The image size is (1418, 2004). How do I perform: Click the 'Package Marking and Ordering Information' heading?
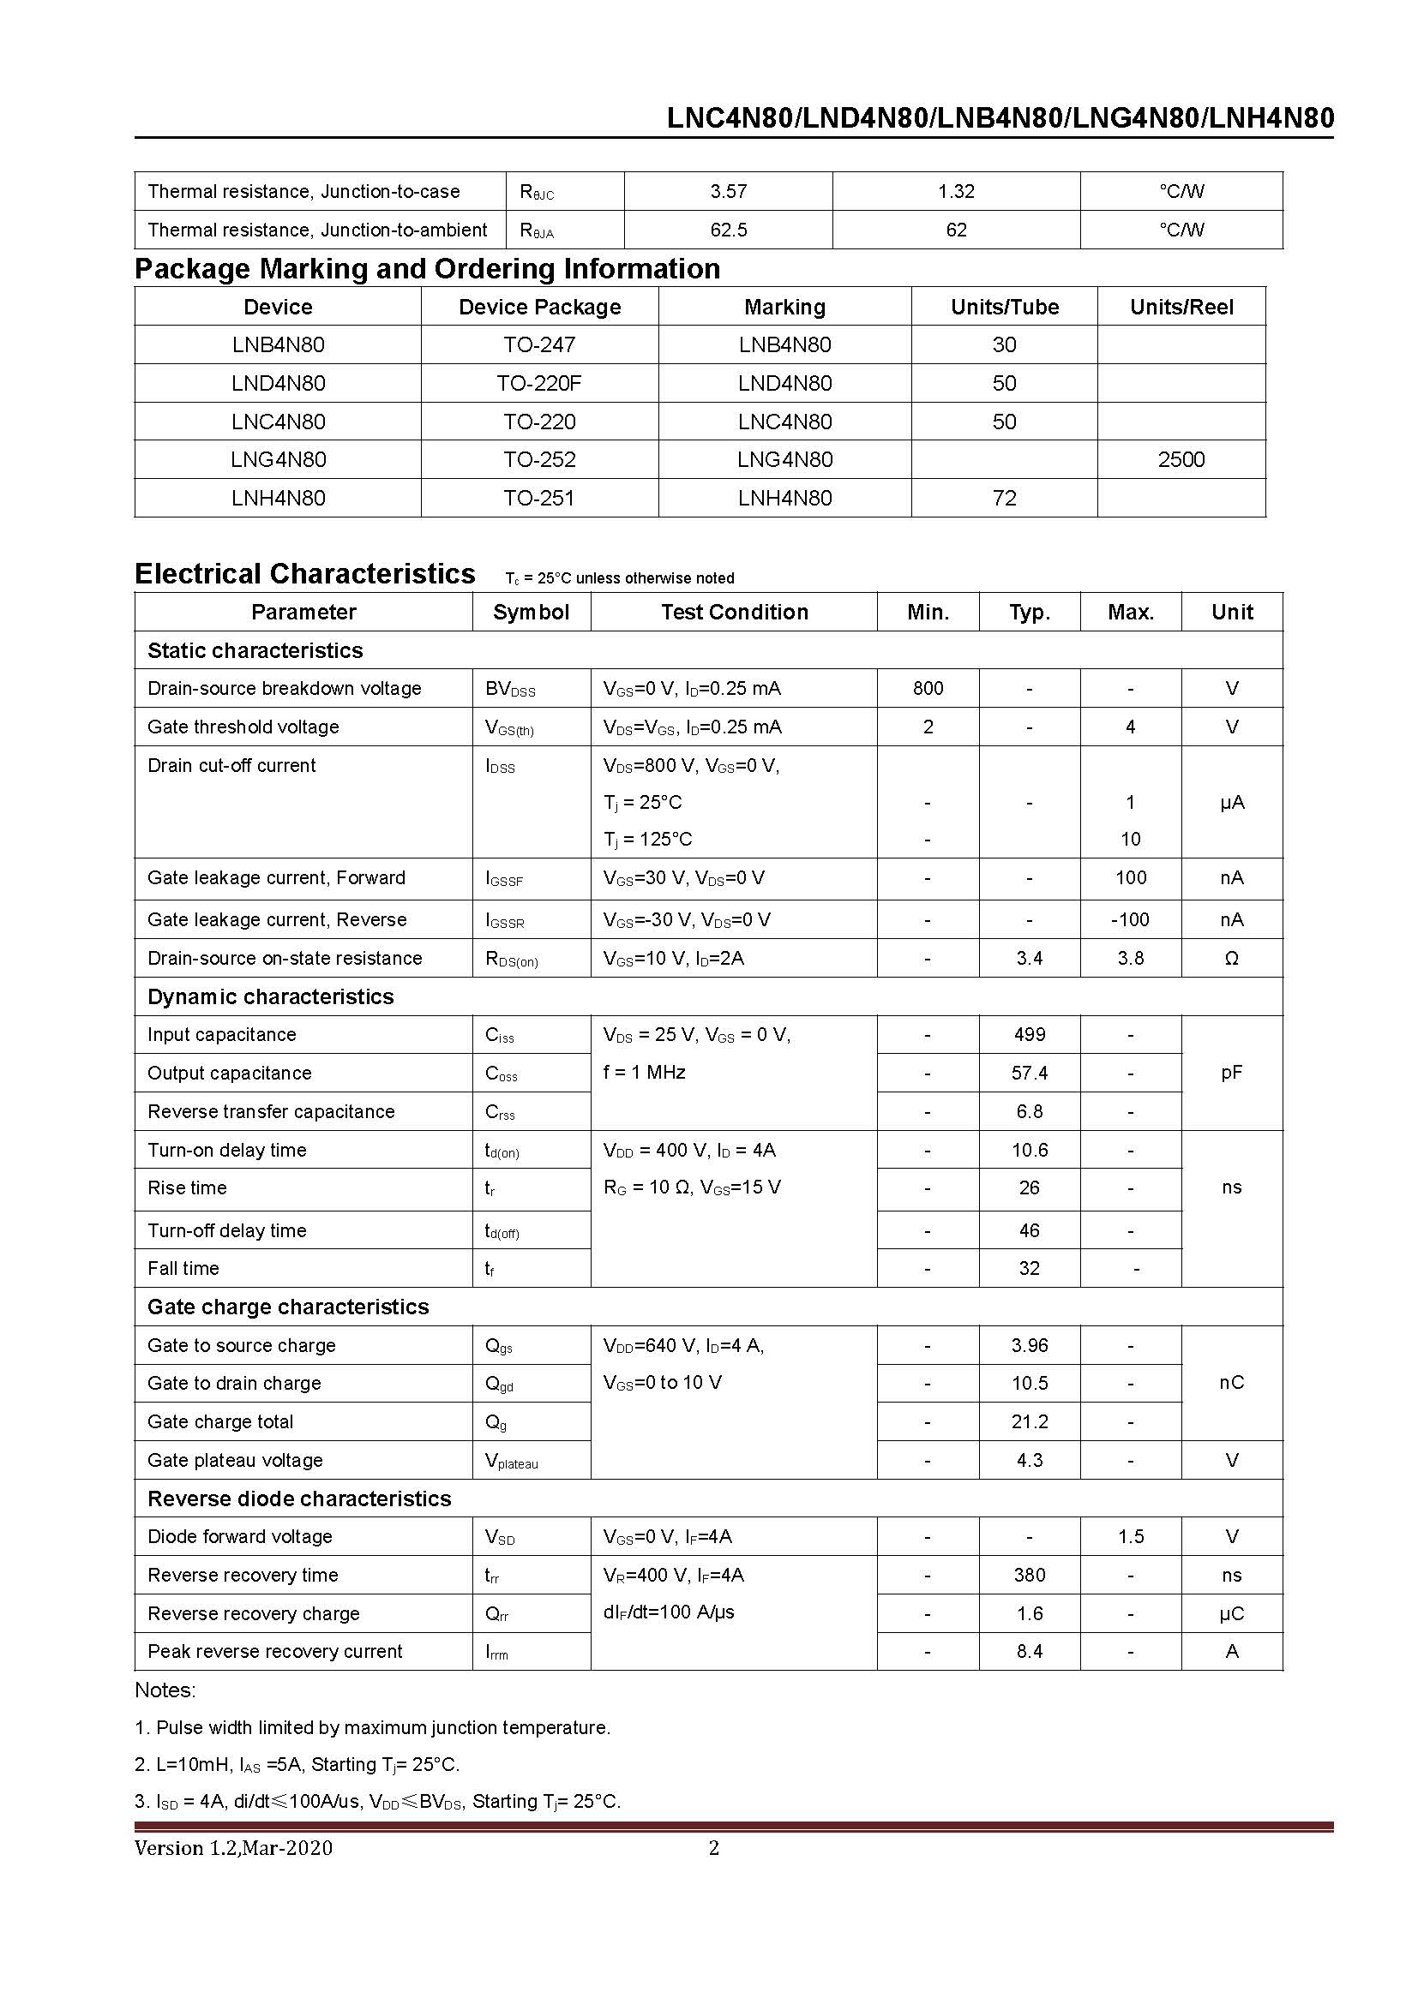427,269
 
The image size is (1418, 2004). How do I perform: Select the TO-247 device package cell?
538,344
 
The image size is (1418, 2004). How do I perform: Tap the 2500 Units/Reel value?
1181,459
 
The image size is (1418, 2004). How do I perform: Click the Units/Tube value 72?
1004,498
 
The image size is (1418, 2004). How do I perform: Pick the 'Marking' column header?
784,308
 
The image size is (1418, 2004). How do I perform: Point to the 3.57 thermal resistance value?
728,191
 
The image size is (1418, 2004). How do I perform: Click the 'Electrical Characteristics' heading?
304,574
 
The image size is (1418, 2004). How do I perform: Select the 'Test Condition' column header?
734,612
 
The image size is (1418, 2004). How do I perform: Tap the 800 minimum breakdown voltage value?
928,688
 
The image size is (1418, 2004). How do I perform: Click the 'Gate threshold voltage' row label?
243,727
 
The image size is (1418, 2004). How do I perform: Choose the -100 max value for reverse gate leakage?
1130,919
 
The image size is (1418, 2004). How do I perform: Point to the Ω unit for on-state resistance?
1231,959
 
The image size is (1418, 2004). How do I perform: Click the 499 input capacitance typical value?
1030,1034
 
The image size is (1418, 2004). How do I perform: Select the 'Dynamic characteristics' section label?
271,996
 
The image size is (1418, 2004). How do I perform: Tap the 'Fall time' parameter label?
183,1268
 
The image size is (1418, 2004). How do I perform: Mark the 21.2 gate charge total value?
1030,1422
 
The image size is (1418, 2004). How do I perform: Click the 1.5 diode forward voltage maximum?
1130,1536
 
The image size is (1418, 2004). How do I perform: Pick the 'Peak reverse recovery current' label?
275,1651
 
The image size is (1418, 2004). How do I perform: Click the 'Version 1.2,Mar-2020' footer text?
233,1848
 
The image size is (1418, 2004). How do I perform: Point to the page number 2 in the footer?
713,1848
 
